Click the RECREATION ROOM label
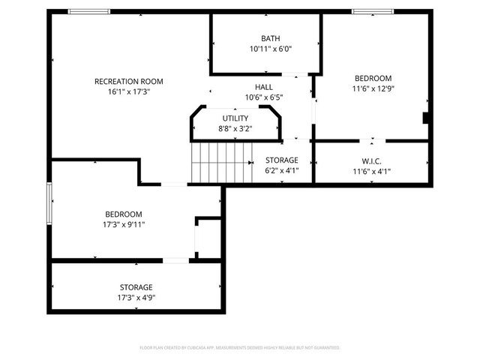[128, 81]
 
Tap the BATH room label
[270, 38]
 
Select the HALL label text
[264, 87]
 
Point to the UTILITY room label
[235, 118]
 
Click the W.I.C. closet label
[372, 160]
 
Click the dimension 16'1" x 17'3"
[128, 91]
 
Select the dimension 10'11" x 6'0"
[270, 49]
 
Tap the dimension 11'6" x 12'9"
[372, 88]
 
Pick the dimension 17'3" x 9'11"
[124, 223]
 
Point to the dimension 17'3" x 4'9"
[136, 297]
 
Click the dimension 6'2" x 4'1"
[281, 170]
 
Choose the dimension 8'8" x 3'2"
[235, 128]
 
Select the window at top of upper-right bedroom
[373, 11]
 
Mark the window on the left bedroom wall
[49, 202]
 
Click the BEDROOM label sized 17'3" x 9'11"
[124, 214]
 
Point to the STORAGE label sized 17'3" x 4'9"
[136, 287]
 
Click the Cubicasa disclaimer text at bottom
[240, 348]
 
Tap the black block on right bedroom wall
[426, 118]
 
